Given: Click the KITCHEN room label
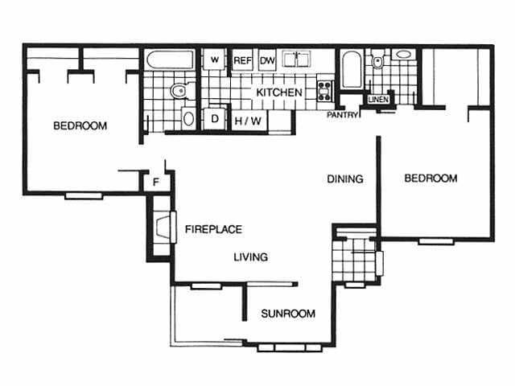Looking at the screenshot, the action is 279,92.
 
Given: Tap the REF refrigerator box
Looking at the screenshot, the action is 242,60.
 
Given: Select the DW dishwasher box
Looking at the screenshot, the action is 267,60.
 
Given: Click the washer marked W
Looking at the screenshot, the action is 215,60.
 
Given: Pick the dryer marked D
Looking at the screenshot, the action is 215,118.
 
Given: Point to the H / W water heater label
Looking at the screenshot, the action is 248,121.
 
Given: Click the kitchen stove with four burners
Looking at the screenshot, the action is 325,91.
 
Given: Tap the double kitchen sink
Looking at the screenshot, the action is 297,60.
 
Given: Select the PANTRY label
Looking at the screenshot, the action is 342,115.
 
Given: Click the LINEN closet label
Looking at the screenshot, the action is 378,99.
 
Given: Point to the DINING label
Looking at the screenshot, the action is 345,179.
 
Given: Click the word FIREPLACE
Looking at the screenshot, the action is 213,229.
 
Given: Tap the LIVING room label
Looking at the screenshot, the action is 250,257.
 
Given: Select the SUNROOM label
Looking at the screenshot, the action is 288,314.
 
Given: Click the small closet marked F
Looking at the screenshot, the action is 156,182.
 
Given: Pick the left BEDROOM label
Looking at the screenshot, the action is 80,125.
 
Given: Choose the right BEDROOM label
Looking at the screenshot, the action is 431,179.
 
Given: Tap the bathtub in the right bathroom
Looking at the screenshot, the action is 352,70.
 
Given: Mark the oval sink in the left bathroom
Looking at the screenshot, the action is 188,118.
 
